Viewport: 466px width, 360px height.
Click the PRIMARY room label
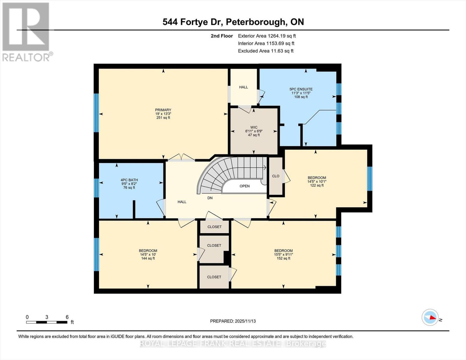pyautogui.click(x=163, y=110)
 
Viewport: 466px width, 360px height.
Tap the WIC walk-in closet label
pyautogui.click(x=254, y=127)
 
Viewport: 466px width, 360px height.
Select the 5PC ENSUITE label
pyautogui.click(x=301, y=89)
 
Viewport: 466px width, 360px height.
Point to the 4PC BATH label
pyautogui.click(x=129, y=180)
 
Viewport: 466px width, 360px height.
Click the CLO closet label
pyautogui.click(x=275, y=176)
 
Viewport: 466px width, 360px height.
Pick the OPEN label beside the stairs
pyautogui.click(x=245, y=186)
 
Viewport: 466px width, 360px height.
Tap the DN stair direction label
pyautogui.click(x=210, y=198)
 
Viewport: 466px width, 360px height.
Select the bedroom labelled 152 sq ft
pyautogui.click(x=283, y=254)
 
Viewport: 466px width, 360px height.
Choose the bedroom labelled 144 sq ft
pyautogui.click(x=148, y=254)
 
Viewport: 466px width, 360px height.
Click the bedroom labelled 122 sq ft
pyautogui.click(x=317, y=181)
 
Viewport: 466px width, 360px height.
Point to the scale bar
pyautogui.click(x=47, y=322)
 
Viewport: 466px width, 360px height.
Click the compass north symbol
pyautogui.click(x=430, y=317)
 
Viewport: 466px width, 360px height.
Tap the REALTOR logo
pyautogui.click(x=26, y=31)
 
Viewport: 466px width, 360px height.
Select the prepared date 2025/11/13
pyautogui.click(x=233, y=321)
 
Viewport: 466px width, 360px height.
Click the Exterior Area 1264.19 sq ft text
pyautogui.click(x=267, y=36)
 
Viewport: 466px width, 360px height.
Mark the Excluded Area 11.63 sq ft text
pyautogui.click(x=266, y=51)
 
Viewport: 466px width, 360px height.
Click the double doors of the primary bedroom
pyautogui.click(x=181, y=158)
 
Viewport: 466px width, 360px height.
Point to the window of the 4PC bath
pyautogui.click(x=96, y=188)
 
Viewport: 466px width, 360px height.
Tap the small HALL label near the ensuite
pyautogui.click(x=243, y=87)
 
